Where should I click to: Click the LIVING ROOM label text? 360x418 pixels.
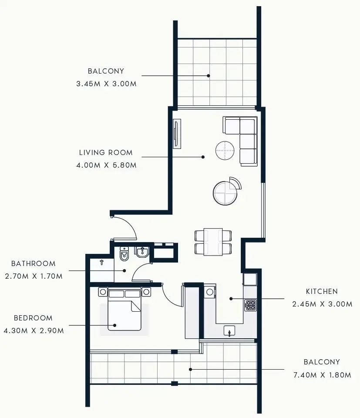[x=106, y=152]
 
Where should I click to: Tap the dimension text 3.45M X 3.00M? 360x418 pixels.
[x=106, y=84]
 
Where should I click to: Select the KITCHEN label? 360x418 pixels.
[x=322, y=291]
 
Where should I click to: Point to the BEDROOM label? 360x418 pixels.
[x=33, y=318]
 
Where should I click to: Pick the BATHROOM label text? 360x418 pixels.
[x=34, y=263]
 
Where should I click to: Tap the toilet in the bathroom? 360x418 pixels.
[x=124, y=254]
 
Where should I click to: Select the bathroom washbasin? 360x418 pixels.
[x=142, y=252]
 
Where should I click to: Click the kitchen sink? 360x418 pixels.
[x=229, y=331]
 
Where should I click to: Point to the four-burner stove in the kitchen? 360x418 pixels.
[x=251, y=305]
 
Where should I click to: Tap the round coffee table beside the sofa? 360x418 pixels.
[x=225, y=151]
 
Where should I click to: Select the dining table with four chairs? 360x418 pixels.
[x=213, y=242]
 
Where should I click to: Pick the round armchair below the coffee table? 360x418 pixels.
[x=225, y=192]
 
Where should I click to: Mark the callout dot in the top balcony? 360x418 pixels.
[x=209, y=75]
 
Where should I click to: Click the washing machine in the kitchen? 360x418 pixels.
[x=210, y=292]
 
